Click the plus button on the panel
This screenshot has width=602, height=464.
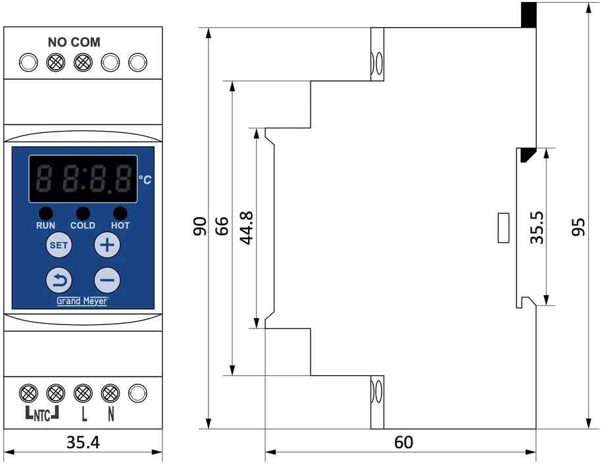coord(107,245)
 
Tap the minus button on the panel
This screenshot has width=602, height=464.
coord(107,280)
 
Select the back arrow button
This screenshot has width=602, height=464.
coord(59,280)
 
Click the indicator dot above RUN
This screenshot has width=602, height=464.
coord(45,213)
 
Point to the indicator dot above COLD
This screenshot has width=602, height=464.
coord(83,213)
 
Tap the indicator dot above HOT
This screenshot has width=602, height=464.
coord(120,213)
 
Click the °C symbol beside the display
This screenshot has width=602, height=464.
coord(145,180)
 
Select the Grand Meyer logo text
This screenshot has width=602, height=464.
coord(82,301)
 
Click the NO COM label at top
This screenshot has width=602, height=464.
coord(74,42)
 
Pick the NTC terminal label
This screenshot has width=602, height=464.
coord(42,413)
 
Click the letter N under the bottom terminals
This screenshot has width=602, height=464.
coord(111,414)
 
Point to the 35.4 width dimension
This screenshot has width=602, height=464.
coord(83,442)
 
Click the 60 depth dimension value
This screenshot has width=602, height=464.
coord(403,442)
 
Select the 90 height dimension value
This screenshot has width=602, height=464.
coord(200,226)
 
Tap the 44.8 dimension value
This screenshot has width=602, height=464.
coord(247,228)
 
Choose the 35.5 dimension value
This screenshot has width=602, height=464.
coord(537,227)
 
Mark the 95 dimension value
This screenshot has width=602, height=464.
coord(578,227)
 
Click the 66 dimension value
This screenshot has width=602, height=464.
coord(222,226)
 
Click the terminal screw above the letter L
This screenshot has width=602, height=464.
coord(83,393)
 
